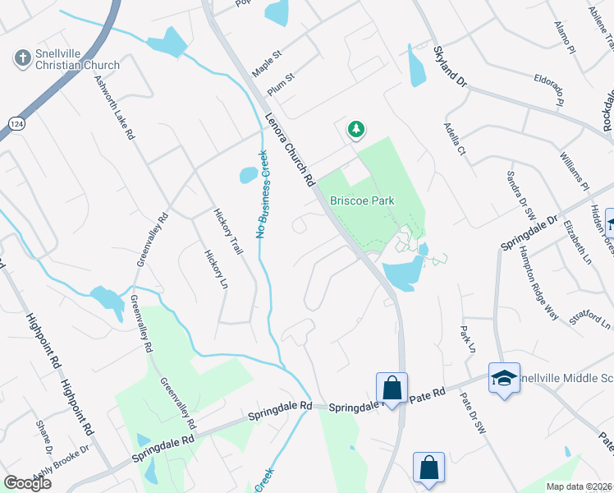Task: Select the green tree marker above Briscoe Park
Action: [x=355, y=129]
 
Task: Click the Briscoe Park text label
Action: [x=362, y=200]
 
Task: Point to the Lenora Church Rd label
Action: [x=290, y=149]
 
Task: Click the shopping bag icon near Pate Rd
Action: [x=392, y=387]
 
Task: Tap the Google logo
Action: [x=26, y=483]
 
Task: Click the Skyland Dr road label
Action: [x=449, y=67]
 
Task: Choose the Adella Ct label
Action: [x=454, y=140]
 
